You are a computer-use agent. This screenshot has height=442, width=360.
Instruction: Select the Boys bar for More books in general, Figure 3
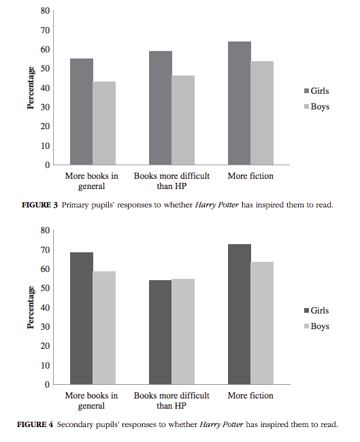104,123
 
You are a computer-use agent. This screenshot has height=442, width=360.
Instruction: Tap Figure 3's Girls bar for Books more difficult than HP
161,108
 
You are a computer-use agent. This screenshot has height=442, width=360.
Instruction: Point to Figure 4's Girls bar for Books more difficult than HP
161,332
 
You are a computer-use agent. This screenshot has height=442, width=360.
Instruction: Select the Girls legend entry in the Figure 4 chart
319,310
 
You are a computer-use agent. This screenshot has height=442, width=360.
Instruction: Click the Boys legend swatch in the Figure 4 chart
306,326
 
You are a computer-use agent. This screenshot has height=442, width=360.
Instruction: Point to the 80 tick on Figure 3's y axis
45,11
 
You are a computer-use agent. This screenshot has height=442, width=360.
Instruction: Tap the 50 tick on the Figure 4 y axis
45,288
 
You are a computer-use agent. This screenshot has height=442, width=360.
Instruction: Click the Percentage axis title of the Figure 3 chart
31,88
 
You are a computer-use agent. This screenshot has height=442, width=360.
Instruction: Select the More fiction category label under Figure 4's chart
250,396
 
